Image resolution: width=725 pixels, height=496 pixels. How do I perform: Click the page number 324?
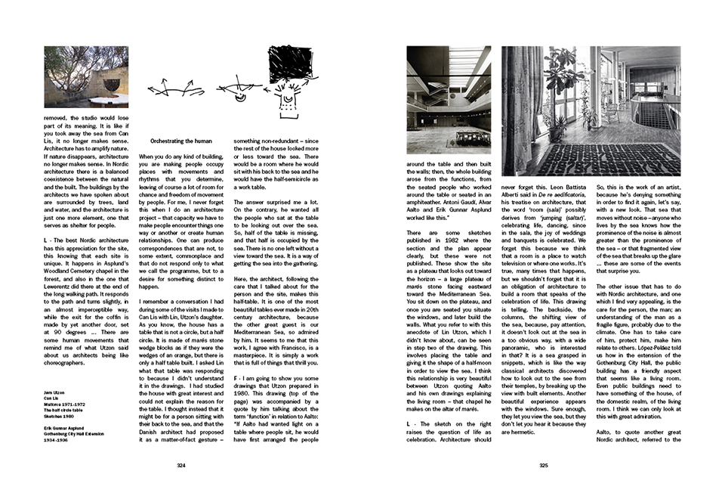coord(180,466)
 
